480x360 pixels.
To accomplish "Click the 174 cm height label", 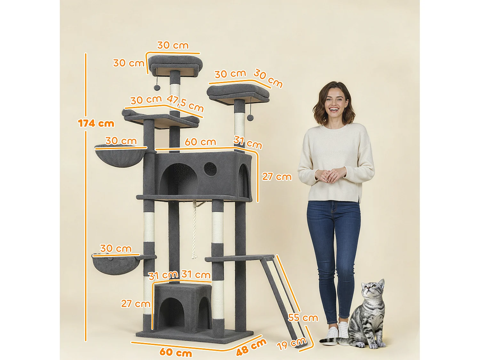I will coord(96,123).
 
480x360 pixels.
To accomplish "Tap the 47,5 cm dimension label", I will coord(185,103).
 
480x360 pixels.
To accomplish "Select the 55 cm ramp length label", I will coord(303,317).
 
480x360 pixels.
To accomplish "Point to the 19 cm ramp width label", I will coord(292,344).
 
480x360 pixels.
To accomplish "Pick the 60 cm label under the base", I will coord(176,352).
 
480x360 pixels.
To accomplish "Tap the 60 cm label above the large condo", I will coord(200,142).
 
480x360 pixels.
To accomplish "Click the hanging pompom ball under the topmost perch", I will coord(157,87).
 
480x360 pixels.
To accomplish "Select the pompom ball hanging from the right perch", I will coord(250,117).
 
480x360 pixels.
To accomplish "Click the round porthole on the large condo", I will coord(210,169).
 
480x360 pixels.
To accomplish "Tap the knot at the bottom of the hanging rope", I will coord(193,256).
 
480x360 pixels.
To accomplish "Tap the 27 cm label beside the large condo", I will coord(277,177).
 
